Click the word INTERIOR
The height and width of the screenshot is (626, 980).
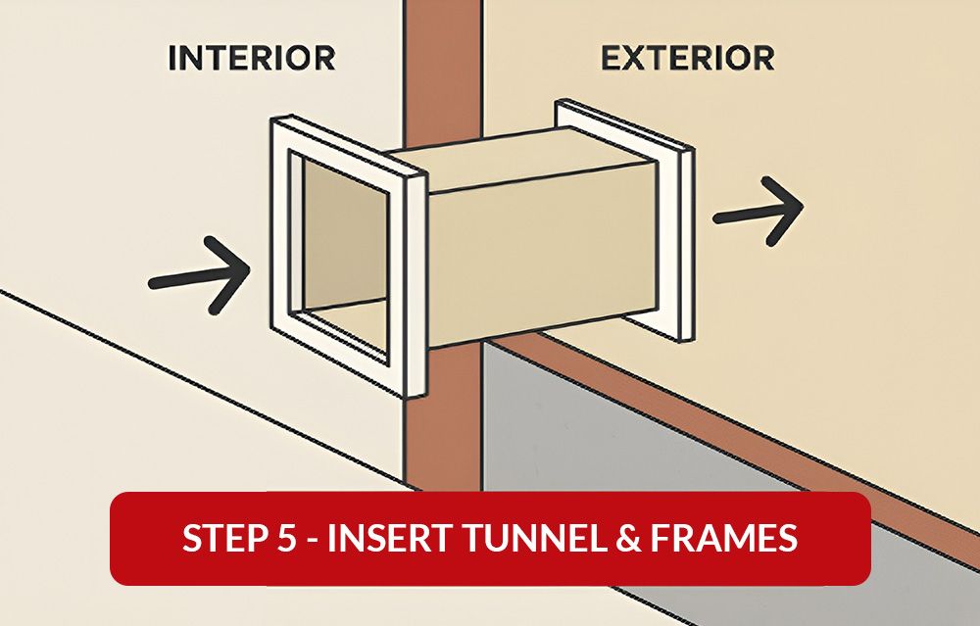[x=252, y=58]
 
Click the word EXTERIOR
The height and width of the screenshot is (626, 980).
[x=687, y=58]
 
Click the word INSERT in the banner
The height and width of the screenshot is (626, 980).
[x=385, y=539]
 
